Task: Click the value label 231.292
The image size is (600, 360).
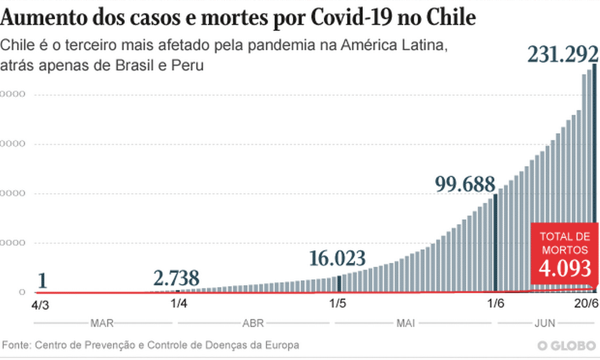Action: [563, 55]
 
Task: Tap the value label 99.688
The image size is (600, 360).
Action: [466, 184]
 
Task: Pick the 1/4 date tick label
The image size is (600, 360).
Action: [178, 303]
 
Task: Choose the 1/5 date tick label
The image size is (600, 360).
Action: [338, 303]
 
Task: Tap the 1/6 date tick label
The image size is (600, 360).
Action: [496, 303]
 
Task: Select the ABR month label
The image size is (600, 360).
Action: [253, 323]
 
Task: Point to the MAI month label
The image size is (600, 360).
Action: [406, 323]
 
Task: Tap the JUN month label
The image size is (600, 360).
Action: [545, 323]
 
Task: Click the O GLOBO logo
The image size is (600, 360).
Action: [566, 346]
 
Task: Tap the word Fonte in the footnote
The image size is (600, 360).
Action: [16, 345]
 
